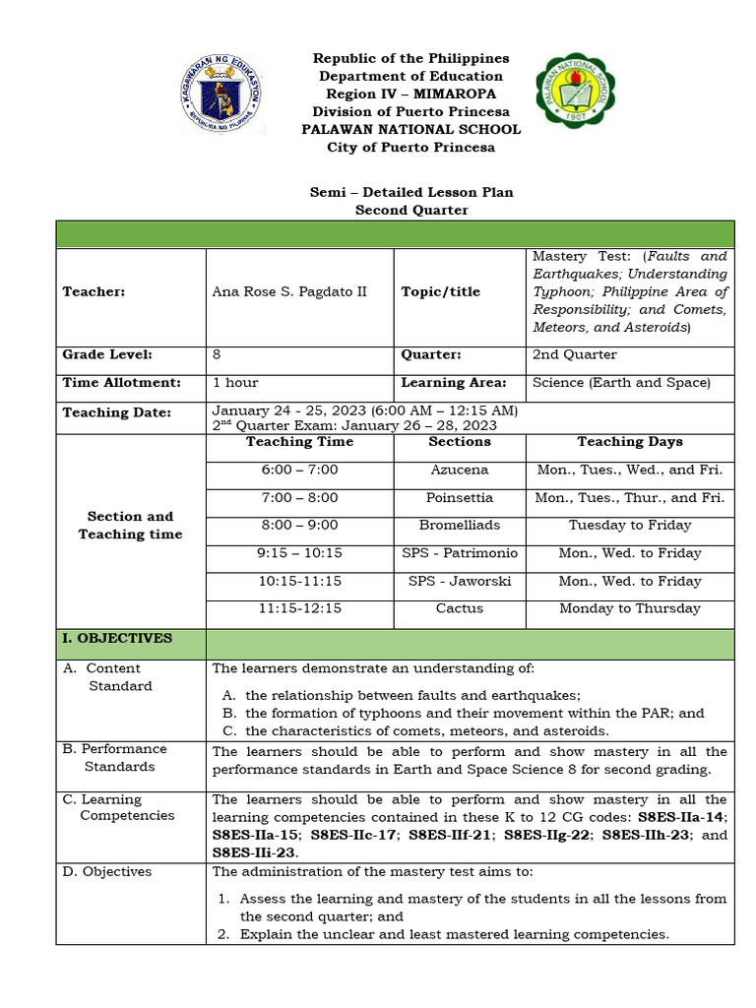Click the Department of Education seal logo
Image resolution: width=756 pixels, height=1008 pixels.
tap(222, 94)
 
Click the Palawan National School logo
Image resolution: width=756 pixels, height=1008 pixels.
tap(578, 95)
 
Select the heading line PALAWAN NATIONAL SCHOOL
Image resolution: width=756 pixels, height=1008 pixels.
tap(411, 130)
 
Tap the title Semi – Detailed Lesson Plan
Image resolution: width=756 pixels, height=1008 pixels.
tap(411, 192)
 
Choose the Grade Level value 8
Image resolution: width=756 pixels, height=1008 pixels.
tap(217, 355)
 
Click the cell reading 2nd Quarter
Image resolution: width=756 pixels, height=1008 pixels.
tap(575, 355)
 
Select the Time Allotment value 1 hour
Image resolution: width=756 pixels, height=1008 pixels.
tap(235, 383)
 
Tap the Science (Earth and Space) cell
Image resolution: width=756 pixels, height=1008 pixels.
tap(621, 383)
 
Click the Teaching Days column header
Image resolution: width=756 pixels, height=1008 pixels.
tap(630, 442)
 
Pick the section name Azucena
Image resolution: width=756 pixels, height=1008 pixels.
tap(460, 471)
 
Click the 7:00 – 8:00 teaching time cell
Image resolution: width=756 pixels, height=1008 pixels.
tap(299, 498)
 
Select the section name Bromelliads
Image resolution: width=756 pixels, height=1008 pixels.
tap(460, 526)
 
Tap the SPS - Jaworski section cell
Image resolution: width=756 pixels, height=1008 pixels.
tap(460, 582)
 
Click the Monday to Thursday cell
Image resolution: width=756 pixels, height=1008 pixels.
tap(630, 609)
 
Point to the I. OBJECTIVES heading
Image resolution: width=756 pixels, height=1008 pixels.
tap(117, 639)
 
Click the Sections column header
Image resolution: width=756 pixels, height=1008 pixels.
tap(460, 442)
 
